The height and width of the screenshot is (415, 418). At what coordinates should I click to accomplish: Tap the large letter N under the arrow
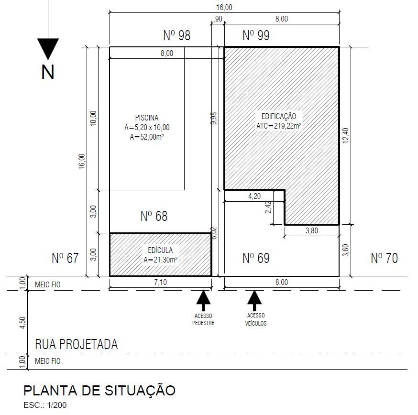pyautogui.click(x=48, y=72)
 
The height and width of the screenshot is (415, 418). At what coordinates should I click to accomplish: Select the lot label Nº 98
pyautogui.click(x=177, y=35)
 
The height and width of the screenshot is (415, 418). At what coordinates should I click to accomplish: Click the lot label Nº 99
pyautogui.click(x=256, y=35)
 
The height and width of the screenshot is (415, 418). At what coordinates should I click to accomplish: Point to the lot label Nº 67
pyautogui.click(x=66, y=258)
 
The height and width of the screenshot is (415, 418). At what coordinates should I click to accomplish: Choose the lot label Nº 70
pyautogui.click(x=384, y=258)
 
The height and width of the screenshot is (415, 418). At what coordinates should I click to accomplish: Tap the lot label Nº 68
pyautogui.click(x=154, y=216)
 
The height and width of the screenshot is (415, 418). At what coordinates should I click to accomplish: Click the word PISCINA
pyautogui.click(x=147, y=118)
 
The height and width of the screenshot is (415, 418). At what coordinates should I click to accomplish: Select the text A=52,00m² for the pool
pyautogui.click(x=147, y=137)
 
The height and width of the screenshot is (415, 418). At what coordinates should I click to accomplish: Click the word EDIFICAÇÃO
pyautogui.click(x=278, y=116)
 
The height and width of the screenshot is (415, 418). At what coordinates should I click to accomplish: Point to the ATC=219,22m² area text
pyautogui.click(x=279, y=126)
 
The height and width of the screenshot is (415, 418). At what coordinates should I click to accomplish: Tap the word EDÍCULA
pyautogui.click(x=160, y=250)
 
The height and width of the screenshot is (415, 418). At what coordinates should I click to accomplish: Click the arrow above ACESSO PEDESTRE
pyautogui.click(x=203, y=300)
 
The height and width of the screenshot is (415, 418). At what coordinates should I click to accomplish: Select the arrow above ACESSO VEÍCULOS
pyautogui.click(x=254, y=300)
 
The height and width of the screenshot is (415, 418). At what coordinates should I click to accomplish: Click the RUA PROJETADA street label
pyautogui.click(x=76, y=344)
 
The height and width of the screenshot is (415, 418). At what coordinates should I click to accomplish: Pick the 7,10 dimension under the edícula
pyautogui.click(x=161, y=282)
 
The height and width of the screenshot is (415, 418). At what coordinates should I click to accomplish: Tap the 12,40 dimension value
pyautogui.click(x=345, y=136)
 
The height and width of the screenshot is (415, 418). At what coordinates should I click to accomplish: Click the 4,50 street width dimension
pyautogui.click(x=22, y=323)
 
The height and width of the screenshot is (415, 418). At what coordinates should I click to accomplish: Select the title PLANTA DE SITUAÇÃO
pyautogui.click(x=99, y=391)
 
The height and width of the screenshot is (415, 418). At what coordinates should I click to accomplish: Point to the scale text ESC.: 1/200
pyautogui.click(x=45, y=405)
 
